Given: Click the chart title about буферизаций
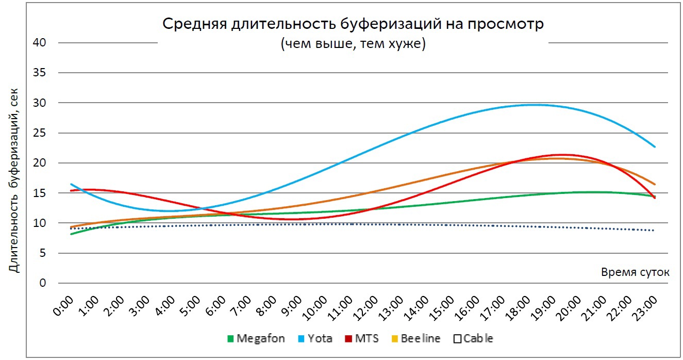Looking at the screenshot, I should pyautogui.click(x=353, y=24).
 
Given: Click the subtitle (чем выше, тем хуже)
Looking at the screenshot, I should pyautogui.click(x=353, y=44).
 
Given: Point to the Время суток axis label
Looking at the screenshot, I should pyautogui.click(x=635, y=272).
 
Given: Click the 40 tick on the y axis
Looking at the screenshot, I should pyautogui.click(x=40, y=43).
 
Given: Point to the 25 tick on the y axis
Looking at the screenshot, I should pyautogui.click(x=40, y=133).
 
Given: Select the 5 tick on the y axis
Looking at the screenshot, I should pyautogui.click(x=43, y=253).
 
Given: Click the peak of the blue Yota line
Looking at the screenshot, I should pyautogui.click(x=536, y=105).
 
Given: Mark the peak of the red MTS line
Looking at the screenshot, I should pyautogui.click(x=563, y=154).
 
